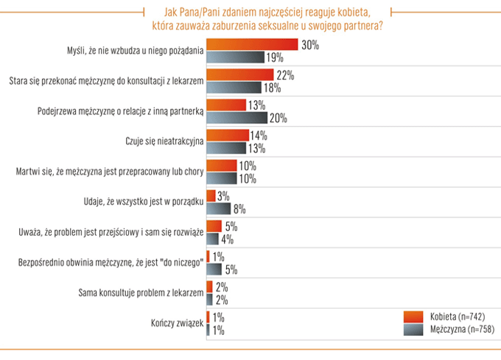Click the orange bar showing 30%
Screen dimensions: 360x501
pos(252,44)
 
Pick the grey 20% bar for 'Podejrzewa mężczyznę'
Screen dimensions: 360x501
pos(237,117)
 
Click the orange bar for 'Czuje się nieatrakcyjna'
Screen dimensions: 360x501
pos(228,135)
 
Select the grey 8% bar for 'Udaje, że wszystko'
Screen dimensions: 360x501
pos(219,208)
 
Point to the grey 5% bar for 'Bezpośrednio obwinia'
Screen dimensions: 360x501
pos(214,269)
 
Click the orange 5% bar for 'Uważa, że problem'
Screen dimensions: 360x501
pos(214,226)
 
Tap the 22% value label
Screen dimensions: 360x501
pos(286,74)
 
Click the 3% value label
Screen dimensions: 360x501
pos(224,196)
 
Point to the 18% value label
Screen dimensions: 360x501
pos(274,88)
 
